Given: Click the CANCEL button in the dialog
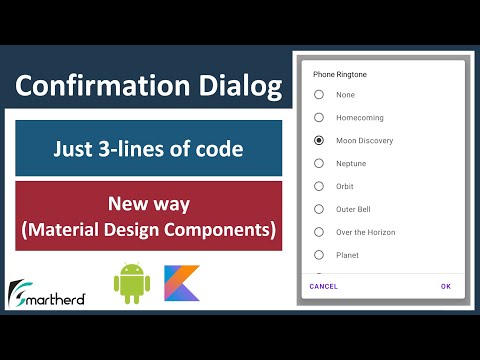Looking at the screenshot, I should pos(323,286).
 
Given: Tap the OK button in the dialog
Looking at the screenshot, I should pos(445,286).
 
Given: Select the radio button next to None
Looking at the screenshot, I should pos(319,95).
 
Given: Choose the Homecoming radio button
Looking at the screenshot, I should pos(319,118).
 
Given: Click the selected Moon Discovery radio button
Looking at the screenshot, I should pos(319,141).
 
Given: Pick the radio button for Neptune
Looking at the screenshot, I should pos(319,163).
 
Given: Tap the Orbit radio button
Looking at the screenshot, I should pos(319,186).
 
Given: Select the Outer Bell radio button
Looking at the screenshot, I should pos(319,209).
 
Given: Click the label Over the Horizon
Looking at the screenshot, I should pos(366,232).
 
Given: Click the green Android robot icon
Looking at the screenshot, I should pos(130,283).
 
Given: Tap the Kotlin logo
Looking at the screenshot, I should pos(182,283).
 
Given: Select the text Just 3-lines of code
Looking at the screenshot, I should pos(148,150).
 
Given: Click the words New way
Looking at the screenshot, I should pos(148,205).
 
